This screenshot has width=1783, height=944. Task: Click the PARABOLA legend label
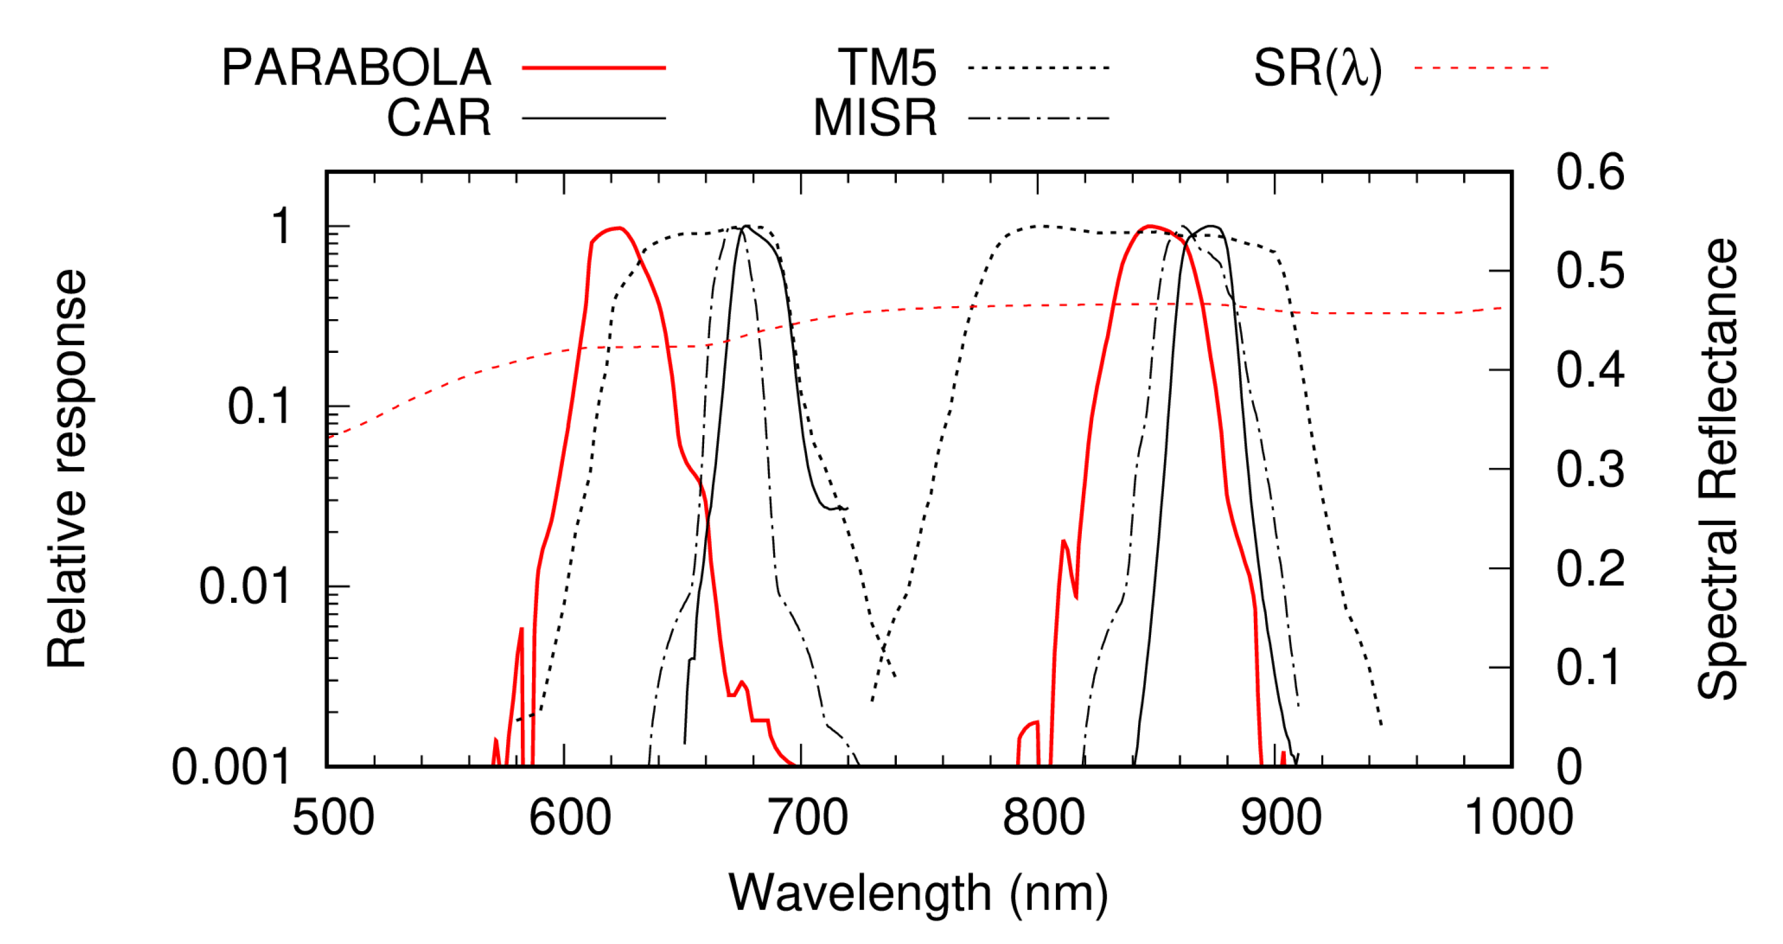pos(356,68)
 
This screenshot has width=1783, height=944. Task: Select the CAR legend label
pos(439,118)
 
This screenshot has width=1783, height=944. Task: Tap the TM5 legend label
pos(887,68)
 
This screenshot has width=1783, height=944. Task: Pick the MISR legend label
pos(875,118)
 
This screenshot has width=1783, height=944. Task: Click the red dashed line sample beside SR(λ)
pos(1481,68)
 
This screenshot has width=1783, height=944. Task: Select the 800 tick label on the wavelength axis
pos(1043,818)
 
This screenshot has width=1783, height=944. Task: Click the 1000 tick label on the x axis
pos(1519,818)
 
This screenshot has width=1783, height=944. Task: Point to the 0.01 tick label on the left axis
pos(244,586)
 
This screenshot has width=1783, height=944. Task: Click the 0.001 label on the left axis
pos(231,767)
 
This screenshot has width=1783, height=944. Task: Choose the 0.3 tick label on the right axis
pos(1590,469)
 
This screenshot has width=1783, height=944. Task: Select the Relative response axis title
pos(67,469)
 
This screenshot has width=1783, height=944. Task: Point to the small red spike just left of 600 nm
pos(521,630)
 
